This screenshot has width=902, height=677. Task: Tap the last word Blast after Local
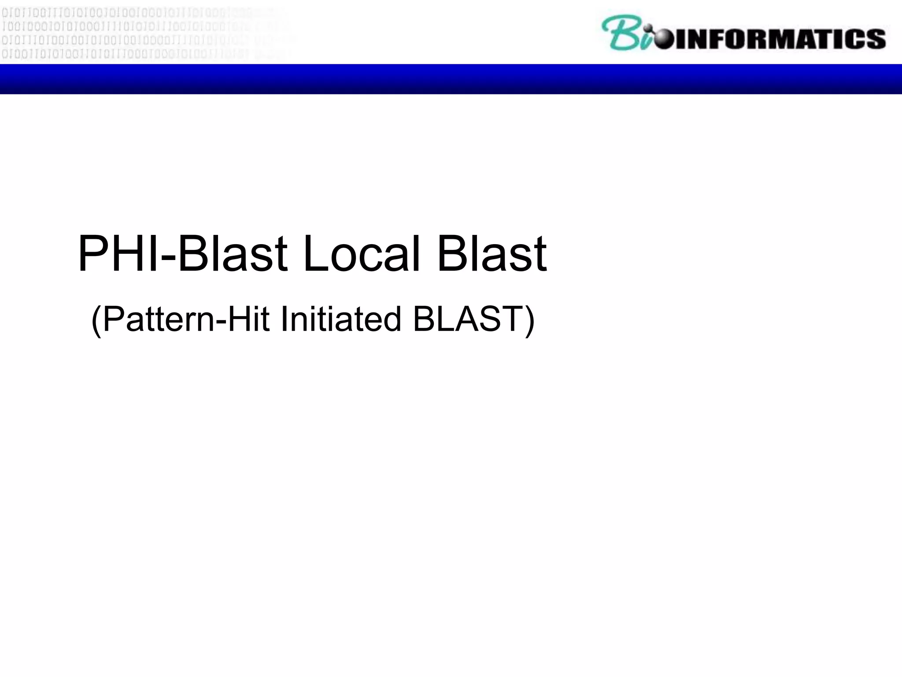492,254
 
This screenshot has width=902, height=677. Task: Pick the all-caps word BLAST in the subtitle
467,319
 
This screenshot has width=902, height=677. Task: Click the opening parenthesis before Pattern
96,320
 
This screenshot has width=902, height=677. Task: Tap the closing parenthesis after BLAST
530,320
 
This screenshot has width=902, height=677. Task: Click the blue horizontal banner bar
451,79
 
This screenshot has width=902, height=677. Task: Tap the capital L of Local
314,254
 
